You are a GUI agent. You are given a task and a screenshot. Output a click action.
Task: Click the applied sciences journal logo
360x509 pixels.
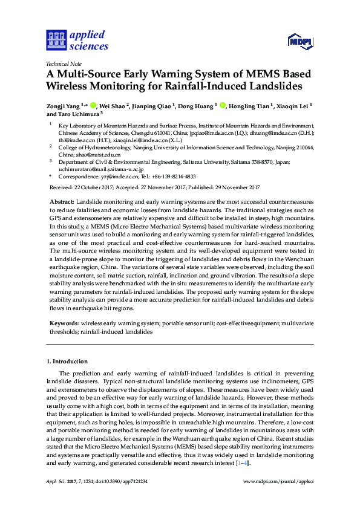[x=77, y=40]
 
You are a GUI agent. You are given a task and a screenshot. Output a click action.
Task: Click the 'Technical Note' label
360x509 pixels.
[x=64, y=63]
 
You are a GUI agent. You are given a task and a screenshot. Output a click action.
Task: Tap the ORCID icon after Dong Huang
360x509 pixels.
[x=222, y=105]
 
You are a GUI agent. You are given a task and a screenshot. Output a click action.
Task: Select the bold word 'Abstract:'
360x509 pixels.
[x=62, y=200]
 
